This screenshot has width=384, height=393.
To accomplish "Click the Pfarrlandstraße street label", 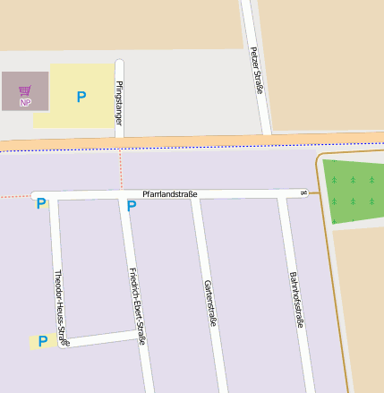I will point(169,194).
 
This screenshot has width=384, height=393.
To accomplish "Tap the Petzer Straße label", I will point(257,70).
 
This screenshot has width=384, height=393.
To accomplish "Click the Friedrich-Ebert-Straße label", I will point(137,305).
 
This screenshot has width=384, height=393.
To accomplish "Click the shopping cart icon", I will point(24,90).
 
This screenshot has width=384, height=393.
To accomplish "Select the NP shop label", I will point(25,102).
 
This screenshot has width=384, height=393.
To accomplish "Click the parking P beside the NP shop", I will point(81,97).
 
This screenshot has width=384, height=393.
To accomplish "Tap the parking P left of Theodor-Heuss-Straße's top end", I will point(40,204).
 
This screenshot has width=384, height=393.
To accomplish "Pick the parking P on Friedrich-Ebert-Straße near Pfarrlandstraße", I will point(132,207).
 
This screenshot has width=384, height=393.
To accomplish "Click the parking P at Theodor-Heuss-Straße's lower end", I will point(42,341).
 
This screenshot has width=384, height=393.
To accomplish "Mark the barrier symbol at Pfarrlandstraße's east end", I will point(304,192).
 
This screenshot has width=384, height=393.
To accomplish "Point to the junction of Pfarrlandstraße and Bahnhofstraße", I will point(281,194).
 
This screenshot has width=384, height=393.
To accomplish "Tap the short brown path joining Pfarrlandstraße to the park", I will point(312,192).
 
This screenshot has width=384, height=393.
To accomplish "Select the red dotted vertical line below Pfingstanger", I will point(120,170).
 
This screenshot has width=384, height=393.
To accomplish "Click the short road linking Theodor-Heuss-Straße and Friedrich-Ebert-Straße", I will point(103,337).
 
